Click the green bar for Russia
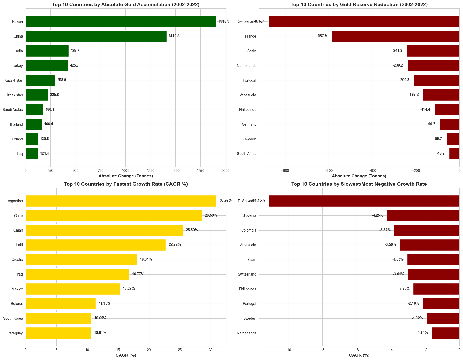tap(121, 21)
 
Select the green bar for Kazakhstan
tap(40, 80)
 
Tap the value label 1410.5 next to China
tap(174, 36)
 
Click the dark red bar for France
tap(395, 36)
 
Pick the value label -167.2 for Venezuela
tap(414, 95)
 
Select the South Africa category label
tap(247, 154)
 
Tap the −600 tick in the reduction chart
tap(329, 170)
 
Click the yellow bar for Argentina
tap(121, 201)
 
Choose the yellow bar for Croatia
tap(81, 260)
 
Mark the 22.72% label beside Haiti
tap(175, 245)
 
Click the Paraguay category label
tap(16, 333)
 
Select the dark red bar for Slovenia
tap(423, 215)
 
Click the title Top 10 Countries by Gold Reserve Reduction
tap(359, 5)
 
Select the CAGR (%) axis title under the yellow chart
tap(126, 355)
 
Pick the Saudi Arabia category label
tap(13, 110)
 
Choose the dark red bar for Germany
tap(450, 124)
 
